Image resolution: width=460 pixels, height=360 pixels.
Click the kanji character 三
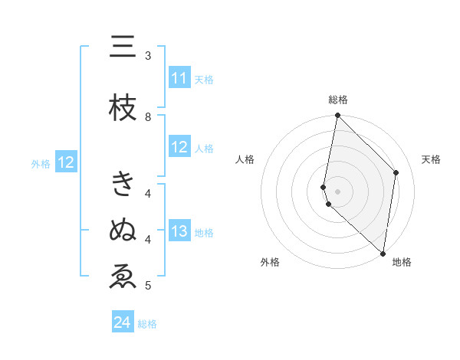(x=123, y=47)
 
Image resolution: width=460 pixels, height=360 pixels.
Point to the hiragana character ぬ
(x=123, y=230)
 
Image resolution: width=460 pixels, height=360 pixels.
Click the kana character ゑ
(x=123, y=276)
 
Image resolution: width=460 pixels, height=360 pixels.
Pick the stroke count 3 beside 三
(x=148, y=56)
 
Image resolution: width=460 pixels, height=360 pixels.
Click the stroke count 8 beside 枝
(x=148, y=116)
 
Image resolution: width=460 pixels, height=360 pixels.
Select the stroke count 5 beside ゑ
(x=148, y=286)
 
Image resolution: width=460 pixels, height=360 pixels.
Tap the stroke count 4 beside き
(x=148, y=193)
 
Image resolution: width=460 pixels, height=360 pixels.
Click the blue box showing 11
(x=179, y=79)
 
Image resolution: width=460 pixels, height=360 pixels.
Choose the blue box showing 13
(x=179, y=232)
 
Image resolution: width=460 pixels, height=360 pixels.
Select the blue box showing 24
(x=123, y=322)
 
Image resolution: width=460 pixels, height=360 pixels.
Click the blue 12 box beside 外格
(x=66, y=162)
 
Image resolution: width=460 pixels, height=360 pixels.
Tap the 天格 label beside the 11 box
(x=204, y=80)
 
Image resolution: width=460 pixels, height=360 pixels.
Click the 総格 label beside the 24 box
(x=147, y=324)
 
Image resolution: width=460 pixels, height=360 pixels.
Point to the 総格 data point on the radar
(x=337, y=116)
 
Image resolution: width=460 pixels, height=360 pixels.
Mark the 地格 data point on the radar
(x=383, y=253)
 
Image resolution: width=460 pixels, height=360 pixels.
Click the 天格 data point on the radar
(x=396, y=172)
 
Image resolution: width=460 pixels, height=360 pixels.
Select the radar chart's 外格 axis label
(x=270, y=262)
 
